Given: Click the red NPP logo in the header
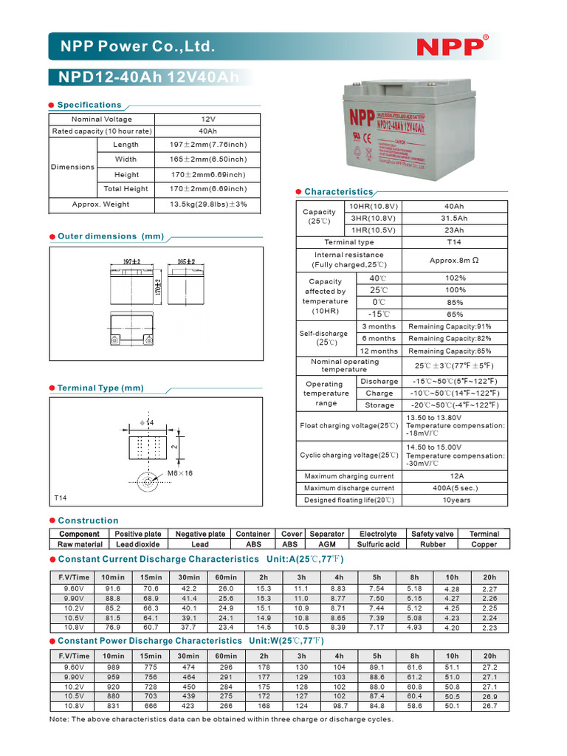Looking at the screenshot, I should pos(451,47).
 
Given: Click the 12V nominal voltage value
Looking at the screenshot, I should pos(207,119).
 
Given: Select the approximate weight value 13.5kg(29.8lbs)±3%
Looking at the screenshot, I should pos(208,204).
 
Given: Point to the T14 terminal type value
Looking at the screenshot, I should pos(454,242).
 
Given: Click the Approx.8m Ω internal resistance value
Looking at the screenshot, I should pos(454,260).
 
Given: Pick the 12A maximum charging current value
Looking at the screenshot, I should pos(456,476).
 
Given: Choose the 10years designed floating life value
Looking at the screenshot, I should pos(456,500).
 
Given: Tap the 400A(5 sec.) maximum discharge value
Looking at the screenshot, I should pos(456,488).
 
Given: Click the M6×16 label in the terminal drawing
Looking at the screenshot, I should pos(179,472).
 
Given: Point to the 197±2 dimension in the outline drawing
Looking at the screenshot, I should pos(131,262).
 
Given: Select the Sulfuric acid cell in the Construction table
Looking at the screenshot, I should pos(378,544).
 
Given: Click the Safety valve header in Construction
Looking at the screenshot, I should pos(433,534).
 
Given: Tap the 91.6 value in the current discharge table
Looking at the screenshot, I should pos(113,588).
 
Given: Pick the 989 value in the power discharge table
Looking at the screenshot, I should pos(113,667).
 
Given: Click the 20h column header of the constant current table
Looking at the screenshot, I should pos(489,577).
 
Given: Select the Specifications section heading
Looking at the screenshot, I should pos(89,105).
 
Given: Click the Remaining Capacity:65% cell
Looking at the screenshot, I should pos(450,351).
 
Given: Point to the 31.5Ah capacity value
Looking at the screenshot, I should pos(454,219).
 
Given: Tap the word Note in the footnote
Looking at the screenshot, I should pos(59,719).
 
